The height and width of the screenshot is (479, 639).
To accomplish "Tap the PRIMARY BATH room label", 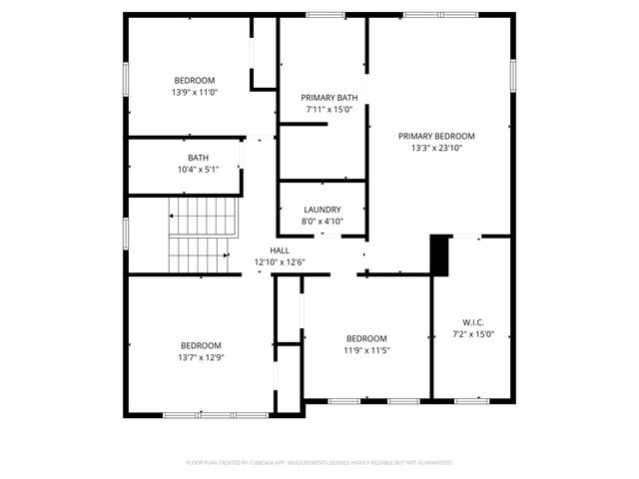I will click(328, 98).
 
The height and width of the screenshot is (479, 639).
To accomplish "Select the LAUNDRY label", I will click(322, 210).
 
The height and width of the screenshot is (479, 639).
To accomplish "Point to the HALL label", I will click(280, 250).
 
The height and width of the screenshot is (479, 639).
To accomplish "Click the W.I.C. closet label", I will click(473, 322).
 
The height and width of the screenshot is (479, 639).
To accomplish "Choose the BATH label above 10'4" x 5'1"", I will click(198, 158).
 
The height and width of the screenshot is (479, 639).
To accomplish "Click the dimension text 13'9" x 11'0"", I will click(195, 92).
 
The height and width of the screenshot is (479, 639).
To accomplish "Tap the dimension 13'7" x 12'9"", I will click(200, 357).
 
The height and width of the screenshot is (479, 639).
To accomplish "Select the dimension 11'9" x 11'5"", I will click(366, 350).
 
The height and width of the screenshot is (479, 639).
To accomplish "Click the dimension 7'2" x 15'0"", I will click(473, 334).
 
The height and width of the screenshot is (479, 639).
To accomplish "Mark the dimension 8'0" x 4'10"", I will click(322, 222).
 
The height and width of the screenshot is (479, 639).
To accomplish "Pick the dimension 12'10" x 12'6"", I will click(280, 262).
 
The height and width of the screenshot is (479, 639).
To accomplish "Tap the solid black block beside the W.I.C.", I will click(440, 254).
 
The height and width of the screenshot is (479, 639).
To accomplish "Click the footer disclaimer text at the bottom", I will click(319, 463).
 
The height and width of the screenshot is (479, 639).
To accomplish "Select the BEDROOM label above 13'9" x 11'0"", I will click(195, 80).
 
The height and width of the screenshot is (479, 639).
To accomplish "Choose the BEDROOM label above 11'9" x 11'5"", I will click(366, 338).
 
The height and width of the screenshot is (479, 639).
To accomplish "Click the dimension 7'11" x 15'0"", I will click(328, 110).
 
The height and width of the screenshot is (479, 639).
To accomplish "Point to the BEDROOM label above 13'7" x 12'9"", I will click(200, 345).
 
